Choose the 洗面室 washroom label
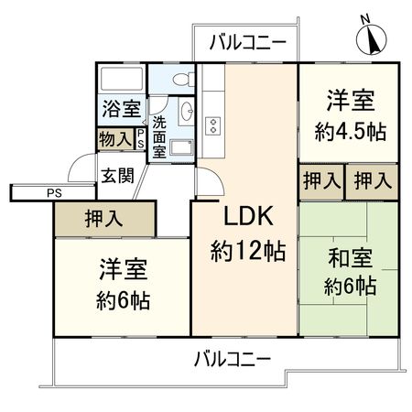coord(159,136)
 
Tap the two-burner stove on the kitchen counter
coord(216,126)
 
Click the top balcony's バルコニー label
coord(245,40)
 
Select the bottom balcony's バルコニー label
coord(232,358)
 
